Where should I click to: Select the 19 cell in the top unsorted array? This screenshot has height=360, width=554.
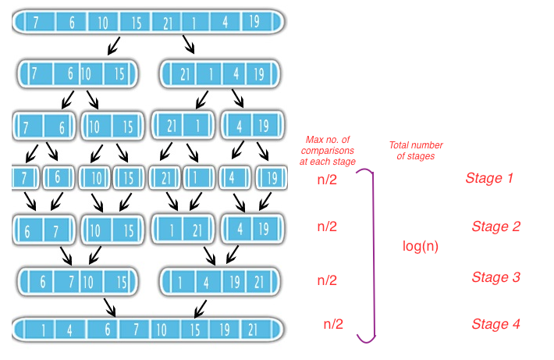tap(254, 22)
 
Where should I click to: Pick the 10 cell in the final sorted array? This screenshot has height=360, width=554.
tap(161, 329)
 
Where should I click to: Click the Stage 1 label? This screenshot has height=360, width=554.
tap(489, 178)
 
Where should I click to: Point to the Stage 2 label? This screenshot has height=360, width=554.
tap(495, 227)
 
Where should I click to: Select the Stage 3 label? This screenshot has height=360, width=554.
tap(495, 277)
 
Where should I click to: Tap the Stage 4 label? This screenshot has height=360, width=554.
tap(495, 324)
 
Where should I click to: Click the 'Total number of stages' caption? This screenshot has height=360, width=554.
tap(415, 151)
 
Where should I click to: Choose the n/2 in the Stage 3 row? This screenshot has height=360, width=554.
tap(328, 280)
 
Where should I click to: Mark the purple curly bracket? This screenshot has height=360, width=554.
tap(372, 254)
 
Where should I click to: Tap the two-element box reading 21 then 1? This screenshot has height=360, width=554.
tap(181, 125)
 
